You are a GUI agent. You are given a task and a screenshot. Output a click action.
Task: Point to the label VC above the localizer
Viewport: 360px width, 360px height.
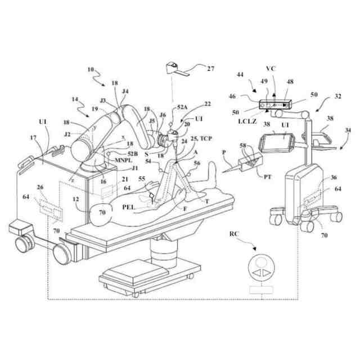tap(271, 69)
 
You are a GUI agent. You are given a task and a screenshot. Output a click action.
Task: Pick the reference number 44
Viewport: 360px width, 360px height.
tap(241, 75)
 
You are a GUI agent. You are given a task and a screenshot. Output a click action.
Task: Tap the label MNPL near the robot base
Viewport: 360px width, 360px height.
tap(124, 160)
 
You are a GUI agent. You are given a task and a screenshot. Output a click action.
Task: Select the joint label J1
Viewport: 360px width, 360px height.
tap(135, 168)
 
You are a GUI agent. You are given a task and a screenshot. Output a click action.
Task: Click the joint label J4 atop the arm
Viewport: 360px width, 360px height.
tap(125, 91)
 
